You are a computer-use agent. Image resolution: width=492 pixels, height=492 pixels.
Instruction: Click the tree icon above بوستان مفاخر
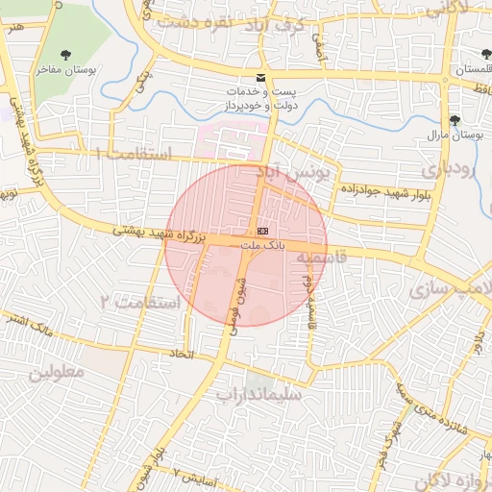tap(65, 54)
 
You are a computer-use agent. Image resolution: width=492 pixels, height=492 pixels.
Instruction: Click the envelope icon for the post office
tap(259, 78)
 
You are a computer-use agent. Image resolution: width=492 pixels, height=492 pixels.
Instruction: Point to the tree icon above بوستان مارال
tap(454, 120)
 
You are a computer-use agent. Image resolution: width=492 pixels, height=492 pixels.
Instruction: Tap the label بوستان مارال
tap(453, 136)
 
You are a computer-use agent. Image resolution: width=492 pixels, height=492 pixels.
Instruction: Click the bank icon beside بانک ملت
tap(262, 232)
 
